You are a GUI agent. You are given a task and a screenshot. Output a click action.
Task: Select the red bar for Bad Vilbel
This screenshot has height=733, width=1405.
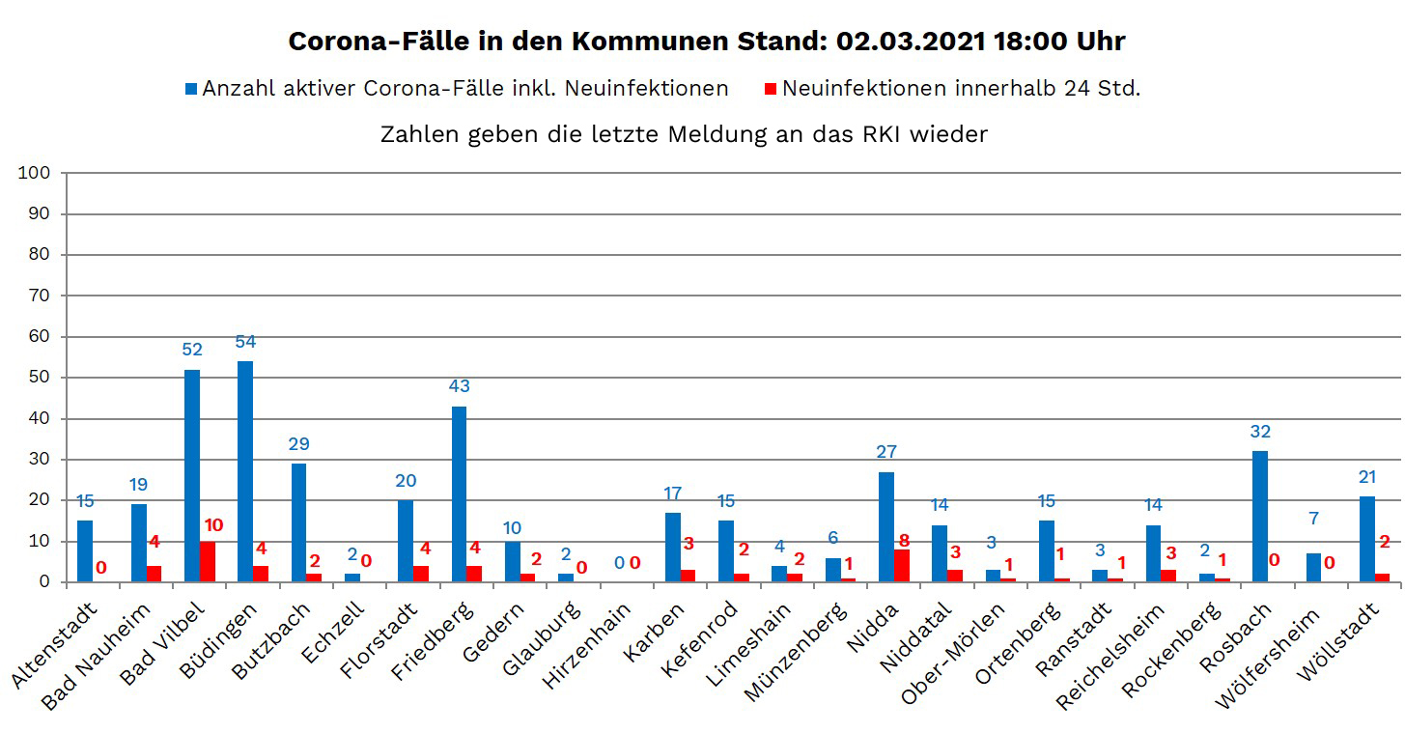click(x=209, y=561)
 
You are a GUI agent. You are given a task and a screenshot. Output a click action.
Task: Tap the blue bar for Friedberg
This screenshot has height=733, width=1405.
click(x=459, y=494)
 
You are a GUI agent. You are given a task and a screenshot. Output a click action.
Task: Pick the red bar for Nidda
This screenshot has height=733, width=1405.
click(x=902, y=565)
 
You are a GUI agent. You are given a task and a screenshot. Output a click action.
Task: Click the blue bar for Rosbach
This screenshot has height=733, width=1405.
click(x=1259, y=517)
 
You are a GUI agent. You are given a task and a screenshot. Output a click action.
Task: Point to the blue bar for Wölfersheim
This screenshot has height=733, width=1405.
click(x=1313, y=568)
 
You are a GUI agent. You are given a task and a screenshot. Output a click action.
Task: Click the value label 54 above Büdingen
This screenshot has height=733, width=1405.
click(x=245, y=342)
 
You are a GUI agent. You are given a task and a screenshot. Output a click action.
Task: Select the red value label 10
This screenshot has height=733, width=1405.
click(x=213, y=525)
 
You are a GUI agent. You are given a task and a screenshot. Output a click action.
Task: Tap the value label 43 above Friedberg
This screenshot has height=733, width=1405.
click(x=459, y=386)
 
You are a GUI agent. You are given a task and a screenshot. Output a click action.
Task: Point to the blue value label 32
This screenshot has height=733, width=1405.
click(x=1259, y=432)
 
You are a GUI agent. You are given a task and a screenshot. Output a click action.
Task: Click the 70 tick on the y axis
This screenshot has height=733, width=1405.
click(x=39, y=296)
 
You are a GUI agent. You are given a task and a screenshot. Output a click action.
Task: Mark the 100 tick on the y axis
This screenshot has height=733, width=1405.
click(x=35, y=173)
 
